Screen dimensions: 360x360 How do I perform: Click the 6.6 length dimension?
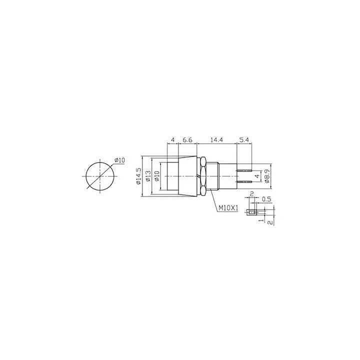pos(187,141)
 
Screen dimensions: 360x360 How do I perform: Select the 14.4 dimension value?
pos(216,141)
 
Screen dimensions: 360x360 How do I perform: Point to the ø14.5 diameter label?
pos(138,176)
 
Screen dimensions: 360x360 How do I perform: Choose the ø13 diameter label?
pos(148,176)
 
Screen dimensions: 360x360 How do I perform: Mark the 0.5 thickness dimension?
pos(267,199)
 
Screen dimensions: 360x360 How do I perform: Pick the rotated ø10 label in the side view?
pos(156,176)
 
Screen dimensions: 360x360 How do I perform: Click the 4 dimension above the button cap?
pos(172,141)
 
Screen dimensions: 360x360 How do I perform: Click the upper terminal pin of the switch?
pos(244,171)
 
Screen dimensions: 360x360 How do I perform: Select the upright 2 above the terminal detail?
pos(252,194)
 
